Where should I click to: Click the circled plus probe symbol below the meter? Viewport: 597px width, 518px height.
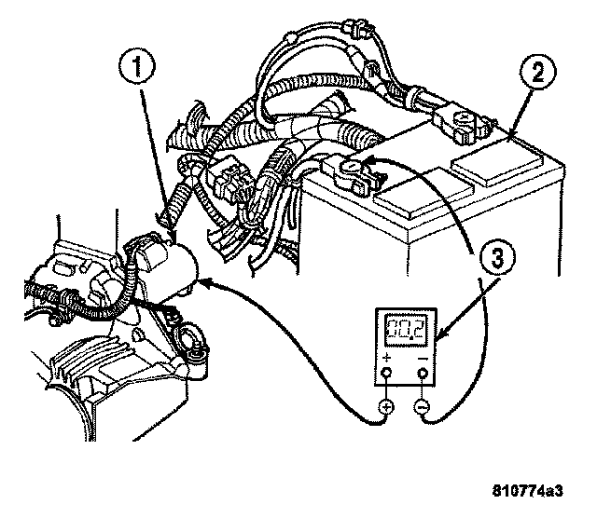point(386,406)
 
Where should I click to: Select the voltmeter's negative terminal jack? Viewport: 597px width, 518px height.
point(423,373)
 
